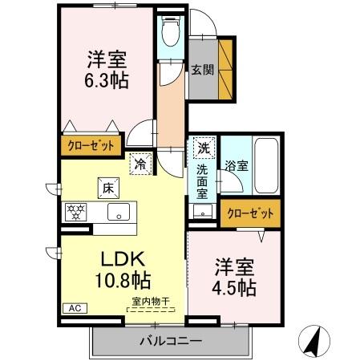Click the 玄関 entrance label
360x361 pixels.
coord(200,69)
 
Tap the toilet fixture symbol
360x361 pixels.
coord(170,34)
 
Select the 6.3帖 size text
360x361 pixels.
coord(107,80)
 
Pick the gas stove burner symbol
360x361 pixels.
coord(76,213)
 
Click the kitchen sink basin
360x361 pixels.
coord(119,213)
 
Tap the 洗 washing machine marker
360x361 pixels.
coord(204,148)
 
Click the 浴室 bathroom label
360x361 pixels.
coord(236,167)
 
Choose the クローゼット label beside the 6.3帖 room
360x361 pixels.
coord(91,146)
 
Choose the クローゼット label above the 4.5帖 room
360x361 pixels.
coord(252,213)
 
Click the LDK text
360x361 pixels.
coord(122,258)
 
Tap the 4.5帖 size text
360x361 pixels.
coord(234,287)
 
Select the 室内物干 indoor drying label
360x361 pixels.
coord(152,302)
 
